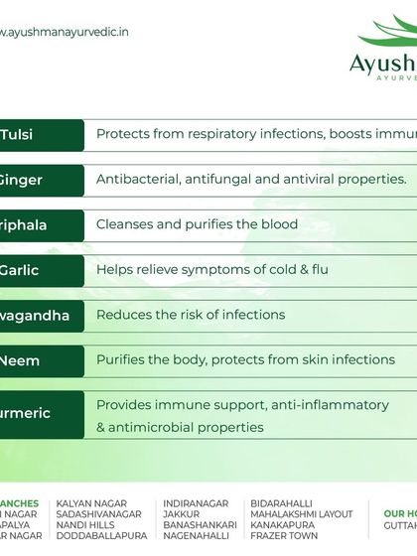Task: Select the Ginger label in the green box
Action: pos(20,180)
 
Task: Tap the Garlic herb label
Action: pos(19,269)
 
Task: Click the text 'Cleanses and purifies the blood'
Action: pos(197,224)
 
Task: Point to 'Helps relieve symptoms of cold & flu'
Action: pos(211,269)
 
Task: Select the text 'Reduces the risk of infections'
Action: pos(191,315)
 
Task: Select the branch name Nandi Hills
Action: pos(88,525)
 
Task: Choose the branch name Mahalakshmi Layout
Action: pos(301,514)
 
